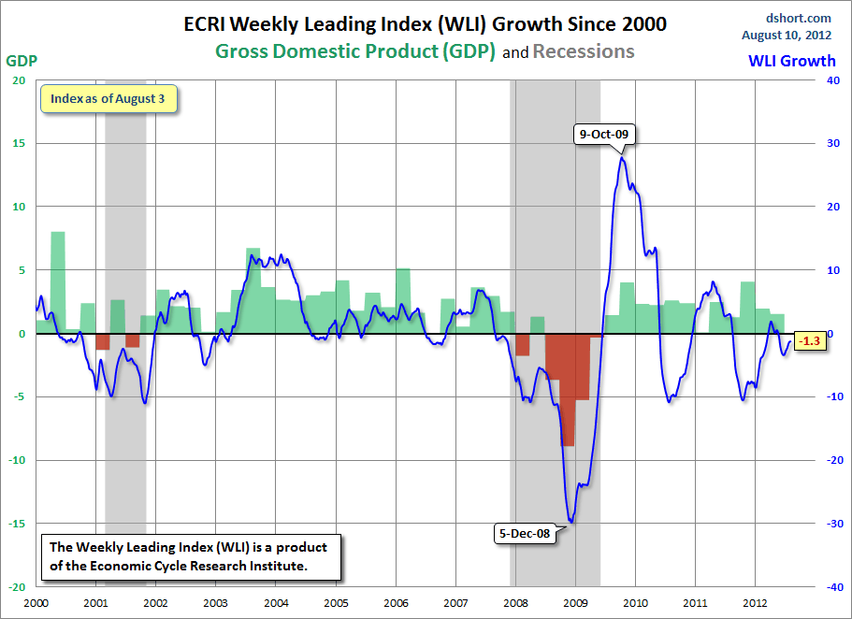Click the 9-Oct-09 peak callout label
604,134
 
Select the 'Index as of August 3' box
108,98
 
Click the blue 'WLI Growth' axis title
791,62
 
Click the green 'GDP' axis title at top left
22,61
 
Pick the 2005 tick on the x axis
336,603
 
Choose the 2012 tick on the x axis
756,603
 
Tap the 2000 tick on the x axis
36,603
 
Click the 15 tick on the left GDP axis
18,143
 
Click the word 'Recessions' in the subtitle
584,51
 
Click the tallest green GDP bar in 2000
58,281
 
